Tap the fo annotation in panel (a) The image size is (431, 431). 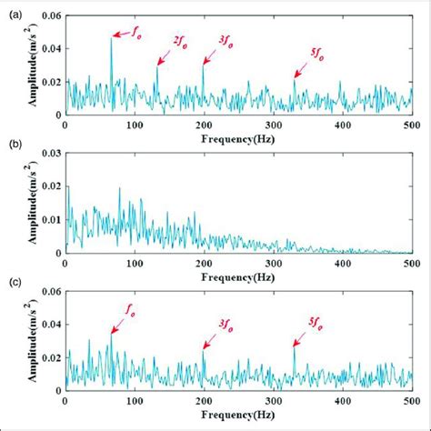pyautogui.click(x=136, y=29)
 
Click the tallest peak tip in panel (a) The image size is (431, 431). pyautogui.click(x=111, y=37)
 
